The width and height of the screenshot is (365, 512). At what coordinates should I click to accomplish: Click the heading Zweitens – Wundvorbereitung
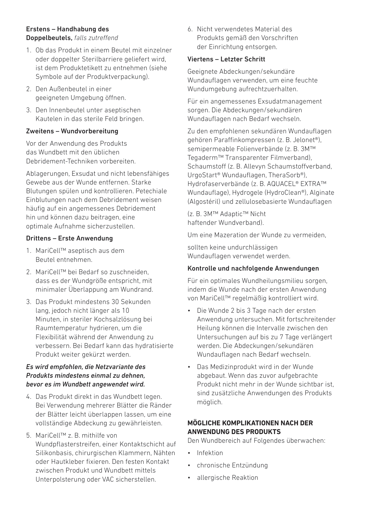(x=72, y=131)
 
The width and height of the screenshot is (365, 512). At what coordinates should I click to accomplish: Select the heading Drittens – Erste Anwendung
(x=70, y=238)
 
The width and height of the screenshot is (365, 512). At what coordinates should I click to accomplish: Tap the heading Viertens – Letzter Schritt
(x=226, y=59)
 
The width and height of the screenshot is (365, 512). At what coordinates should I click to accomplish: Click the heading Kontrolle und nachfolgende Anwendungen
(x=253, y=268)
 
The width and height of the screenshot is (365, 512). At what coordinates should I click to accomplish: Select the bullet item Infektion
(x=210, y=453)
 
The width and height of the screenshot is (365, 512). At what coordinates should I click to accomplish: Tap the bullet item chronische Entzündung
(x=232, y=465)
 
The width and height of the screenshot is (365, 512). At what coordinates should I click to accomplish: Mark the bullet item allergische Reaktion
(x=227, y=478)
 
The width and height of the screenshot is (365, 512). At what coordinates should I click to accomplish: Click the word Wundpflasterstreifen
(x=68, y=444)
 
